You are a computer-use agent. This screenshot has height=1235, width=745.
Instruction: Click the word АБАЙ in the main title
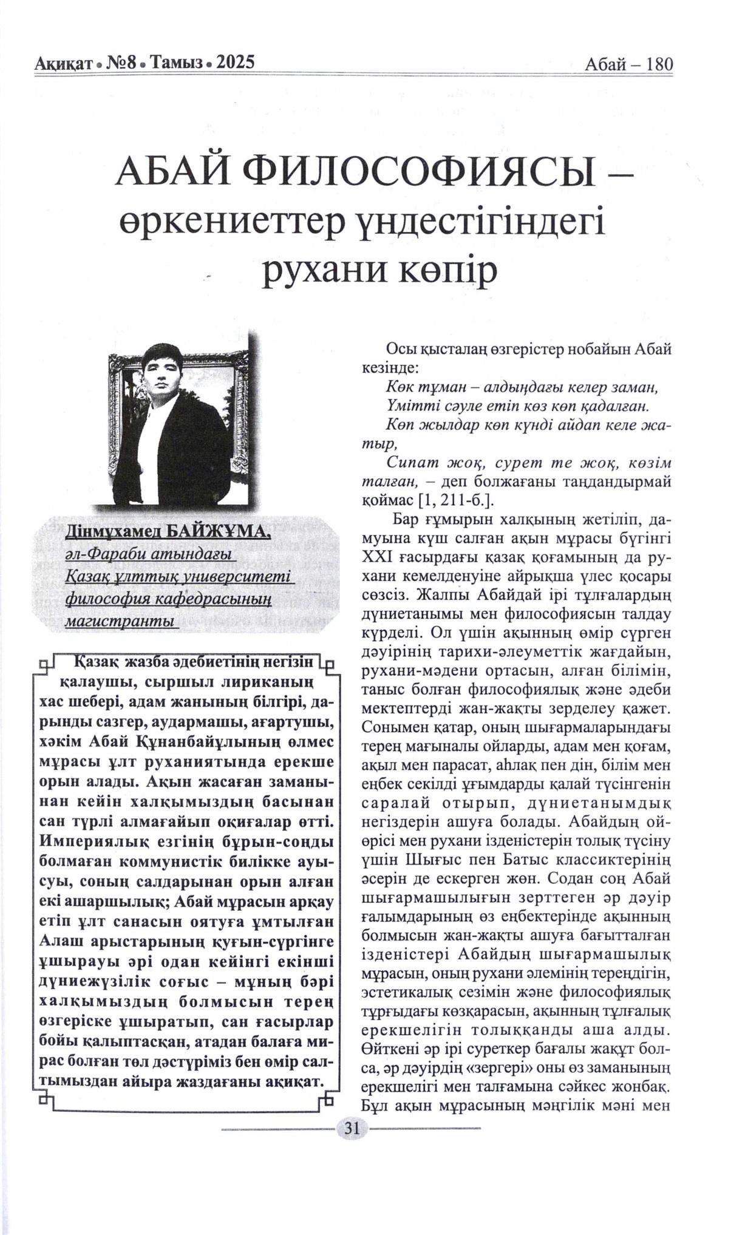(174, 177)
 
